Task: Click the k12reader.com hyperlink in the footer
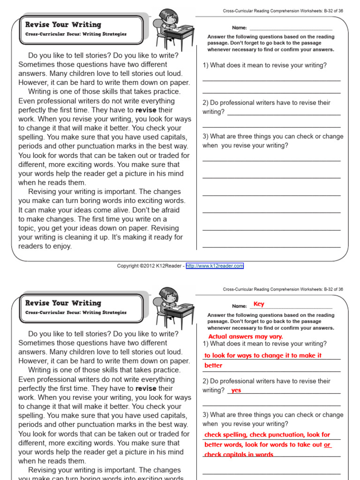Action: click(215, 266)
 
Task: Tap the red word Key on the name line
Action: click(259, 304)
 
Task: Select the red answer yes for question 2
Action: click(236, 390)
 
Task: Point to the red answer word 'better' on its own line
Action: click(213, 366)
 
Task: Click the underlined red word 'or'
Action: click(327, 445)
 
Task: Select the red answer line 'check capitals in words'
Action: click(239, 455)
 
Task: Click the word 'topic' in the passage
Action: click(27, 228)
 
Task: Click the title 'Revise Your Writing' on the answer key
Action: click(63, 303)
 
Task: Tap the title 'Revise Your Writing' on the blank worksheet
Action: click(63, 24)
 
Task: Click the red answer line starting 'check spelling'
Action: click(267, 435)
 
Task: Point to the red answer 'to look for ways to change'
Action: click(263, 356)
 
